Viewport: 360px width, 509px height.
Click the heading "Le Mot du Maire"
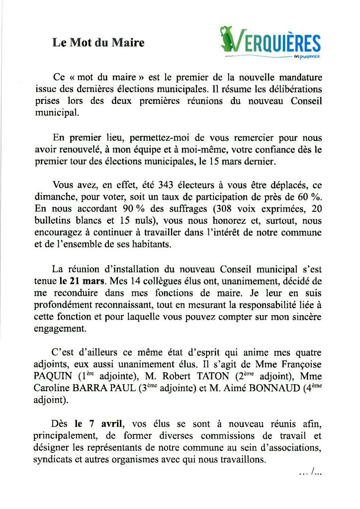98,43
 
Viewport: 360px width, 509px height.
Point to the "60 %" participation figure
309,199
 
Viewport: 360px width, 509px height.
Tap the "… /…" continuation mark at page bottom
311,473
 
